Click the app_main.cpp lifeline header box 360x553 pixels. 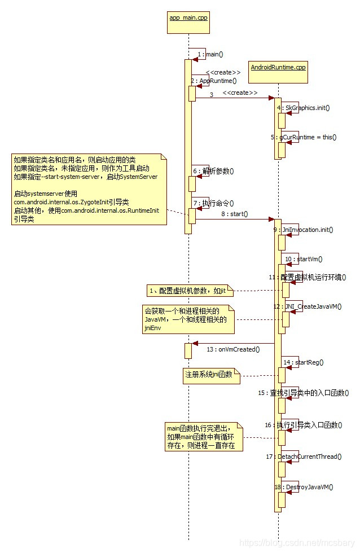188,17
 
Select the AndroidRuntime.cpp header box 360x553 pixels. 278,67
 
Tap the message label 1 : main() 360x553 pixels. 210,55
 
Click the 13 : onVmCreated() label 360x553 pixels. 232,349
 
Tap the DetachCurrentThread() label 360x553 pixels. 304,457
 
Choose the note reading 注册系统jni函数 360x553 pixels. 209,374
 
